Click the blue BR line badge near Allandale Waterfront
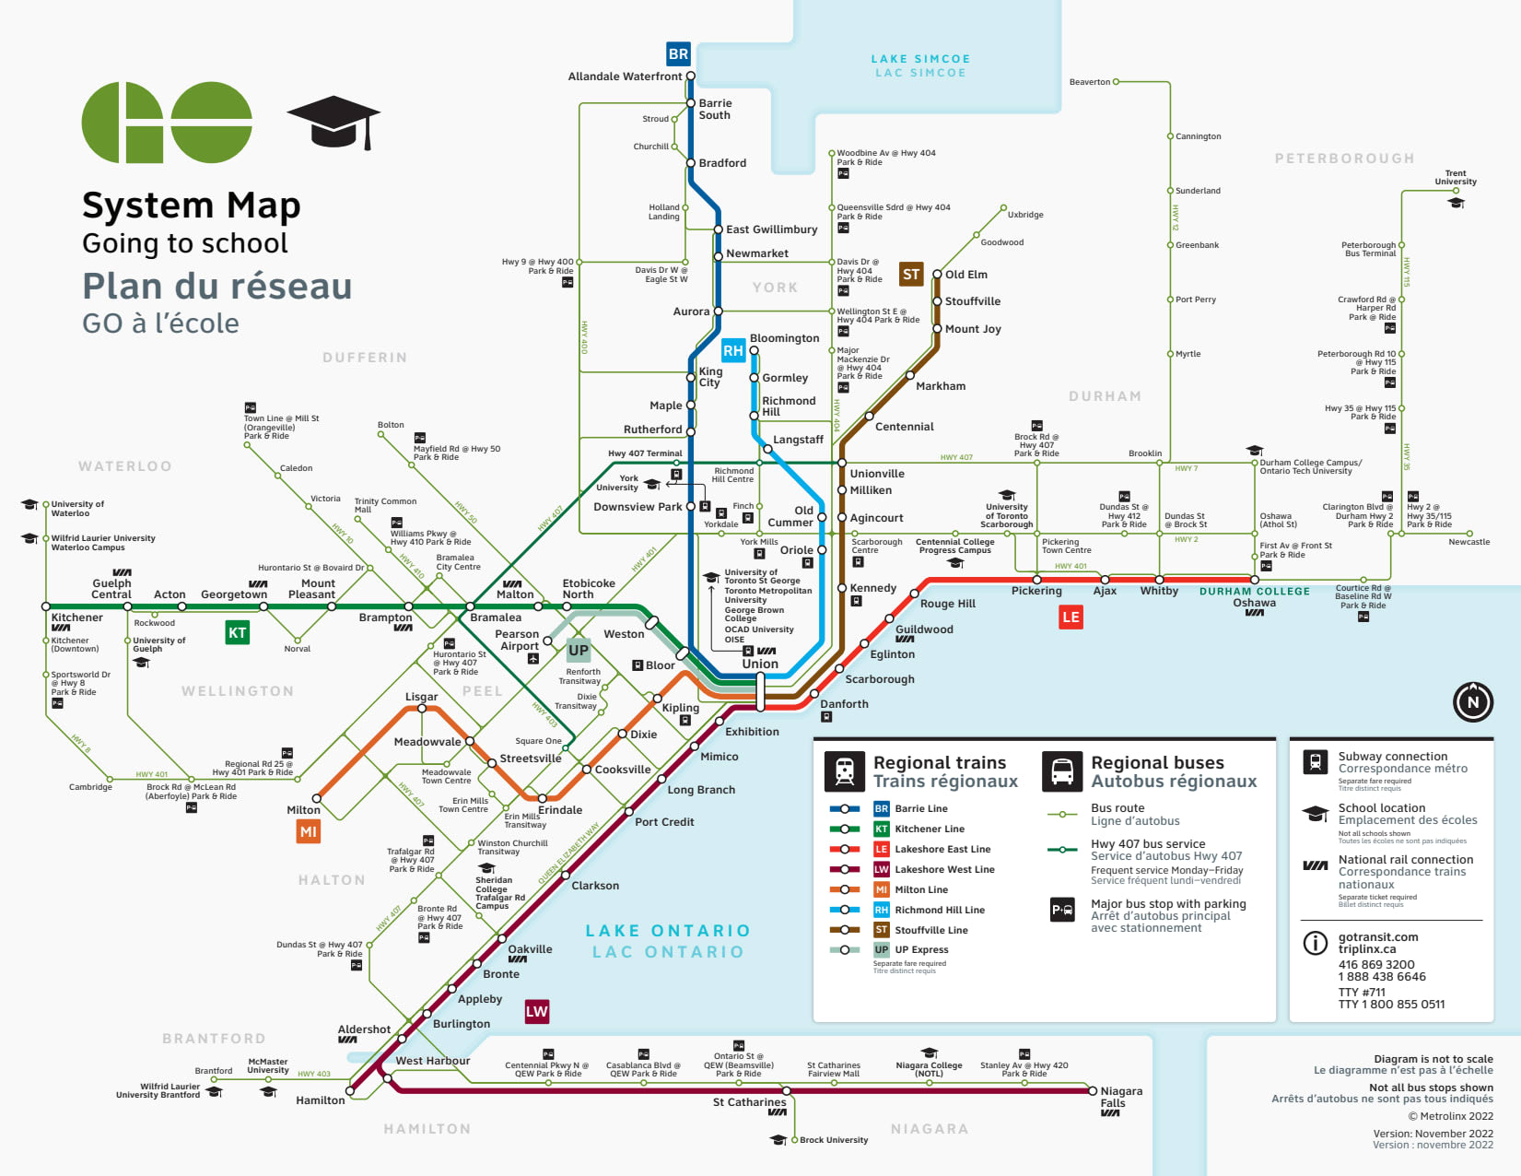[x=678, y=53]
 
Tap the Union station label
[x=760, y=664]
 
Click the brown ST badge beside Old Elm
[x=911, y=274]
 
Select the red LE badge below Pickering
[x=1071, y=617]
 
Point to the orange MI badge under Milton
[x=308, y=831]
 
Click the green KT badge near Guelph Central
[x=238, y=632]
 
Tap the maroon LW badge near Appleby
[x=536, y=1011]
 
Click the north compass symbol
[x=1472, y=701]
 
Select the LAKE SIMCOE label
[x=920, y=59]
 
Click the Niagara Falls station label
[x=1120, y=1097]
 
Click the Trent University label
[x=1455, y=177]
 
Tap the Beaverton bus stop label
[x=1089, y=82]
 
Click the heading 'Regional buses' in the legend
[x=1157, y=762]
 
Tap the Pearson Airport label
[x=518, y=640]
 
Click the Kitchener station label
[x=77, y=617]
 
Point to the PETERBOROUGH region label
[x=1344, y=159]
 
